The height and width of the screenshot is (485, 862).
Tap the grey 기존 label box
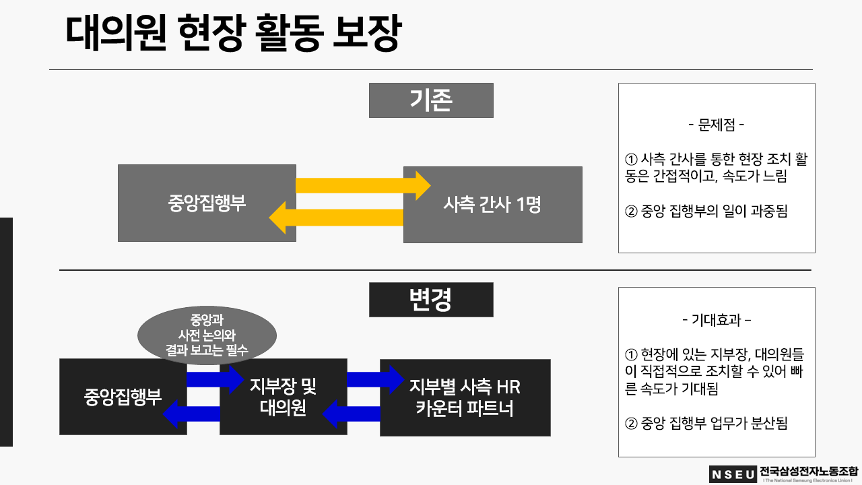tap(431, 100)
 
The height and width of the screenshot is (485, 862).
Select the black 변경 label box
tap(431, 300)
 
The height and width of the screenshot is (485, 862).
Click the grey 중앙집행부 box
tap(207, 203)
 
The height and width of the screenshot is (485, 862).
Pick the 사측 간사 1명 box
tap(492, 205)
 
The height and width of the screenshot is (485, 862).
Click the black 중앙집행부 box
tap(123, 397)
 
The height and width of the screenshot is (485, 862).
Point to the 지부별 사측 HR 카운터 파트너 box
tap(465, 397)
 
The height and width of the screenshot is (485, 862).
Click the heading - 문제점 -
tap(717, 125)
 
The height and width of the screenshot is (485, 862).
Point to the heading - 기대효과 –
tap(717, 320)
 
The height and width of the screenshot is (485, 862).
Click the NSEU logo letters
tap(733, 474)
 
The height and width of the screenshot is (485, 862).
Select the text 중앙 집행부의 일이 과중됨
tap(706, 211)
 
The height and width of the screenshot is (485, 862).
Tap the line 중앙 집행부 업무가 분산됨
tap(706, 424)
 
